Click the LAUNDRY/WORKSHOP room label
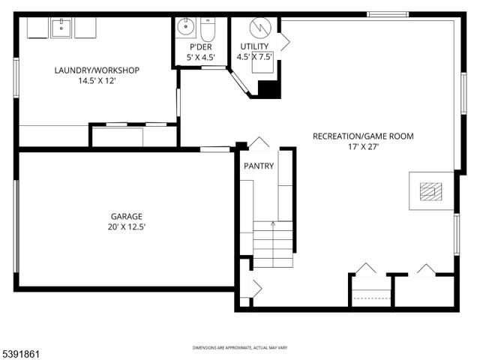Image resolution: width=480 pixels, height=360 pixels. (97, 70)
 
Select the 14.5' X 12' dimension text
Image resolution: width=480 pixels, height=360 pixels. (97, 80)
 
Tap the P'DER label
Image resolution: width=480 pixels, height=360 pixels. (201, 46)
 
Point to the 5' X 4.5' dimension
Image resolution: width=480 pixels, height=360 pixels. (201, 56)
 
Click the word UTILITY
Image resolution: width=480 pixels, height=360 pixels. (254, 46)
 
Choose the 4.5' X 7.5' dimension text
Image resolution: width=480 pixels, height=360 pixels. (254, 56)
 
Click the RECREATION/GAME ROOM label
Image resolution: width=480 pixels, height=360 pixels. (363, 136)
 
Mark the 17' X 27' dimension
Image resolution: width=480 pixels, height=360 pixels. (363, 147)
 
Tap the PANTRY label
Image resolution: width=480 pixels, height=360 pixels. (259, 166)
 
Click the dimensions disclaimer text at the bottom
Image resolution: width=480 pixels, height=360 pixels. (239, 348)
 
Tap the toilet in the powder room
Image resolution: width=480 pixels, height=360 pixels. (208, 29)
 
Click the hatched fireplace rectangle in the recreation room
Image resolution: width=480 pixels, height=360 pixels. (428, 192)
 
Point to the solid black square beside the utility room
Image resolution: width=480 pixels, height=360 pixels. (268, 88)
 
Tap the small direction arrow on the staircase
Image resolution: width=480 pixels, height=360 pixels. (272, 223)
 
